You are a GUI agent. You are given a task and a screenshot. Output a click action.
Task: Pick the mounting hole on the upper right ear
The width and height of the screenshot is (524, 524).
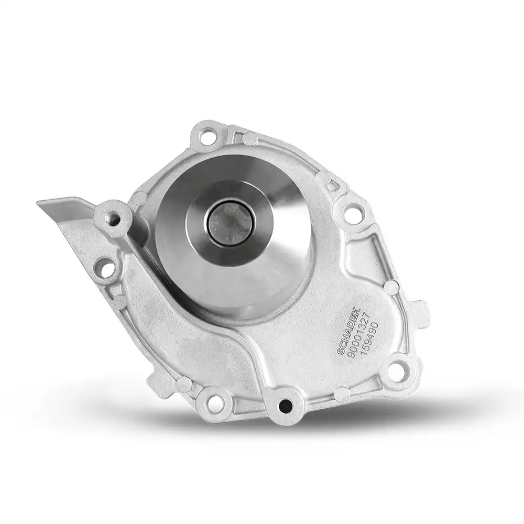point(353,214)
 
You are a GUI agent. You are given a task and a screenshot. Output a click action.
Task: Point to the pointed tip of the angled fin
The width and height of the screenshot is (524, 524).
point(40,202)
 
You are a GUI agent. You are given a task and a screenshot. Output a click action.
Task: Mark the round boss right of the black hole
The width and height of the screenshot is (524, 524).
point(342,392)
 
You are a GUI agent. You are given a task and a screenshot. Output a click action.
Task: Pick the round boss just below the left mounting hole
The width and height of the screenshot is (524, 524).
point(120,301)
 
